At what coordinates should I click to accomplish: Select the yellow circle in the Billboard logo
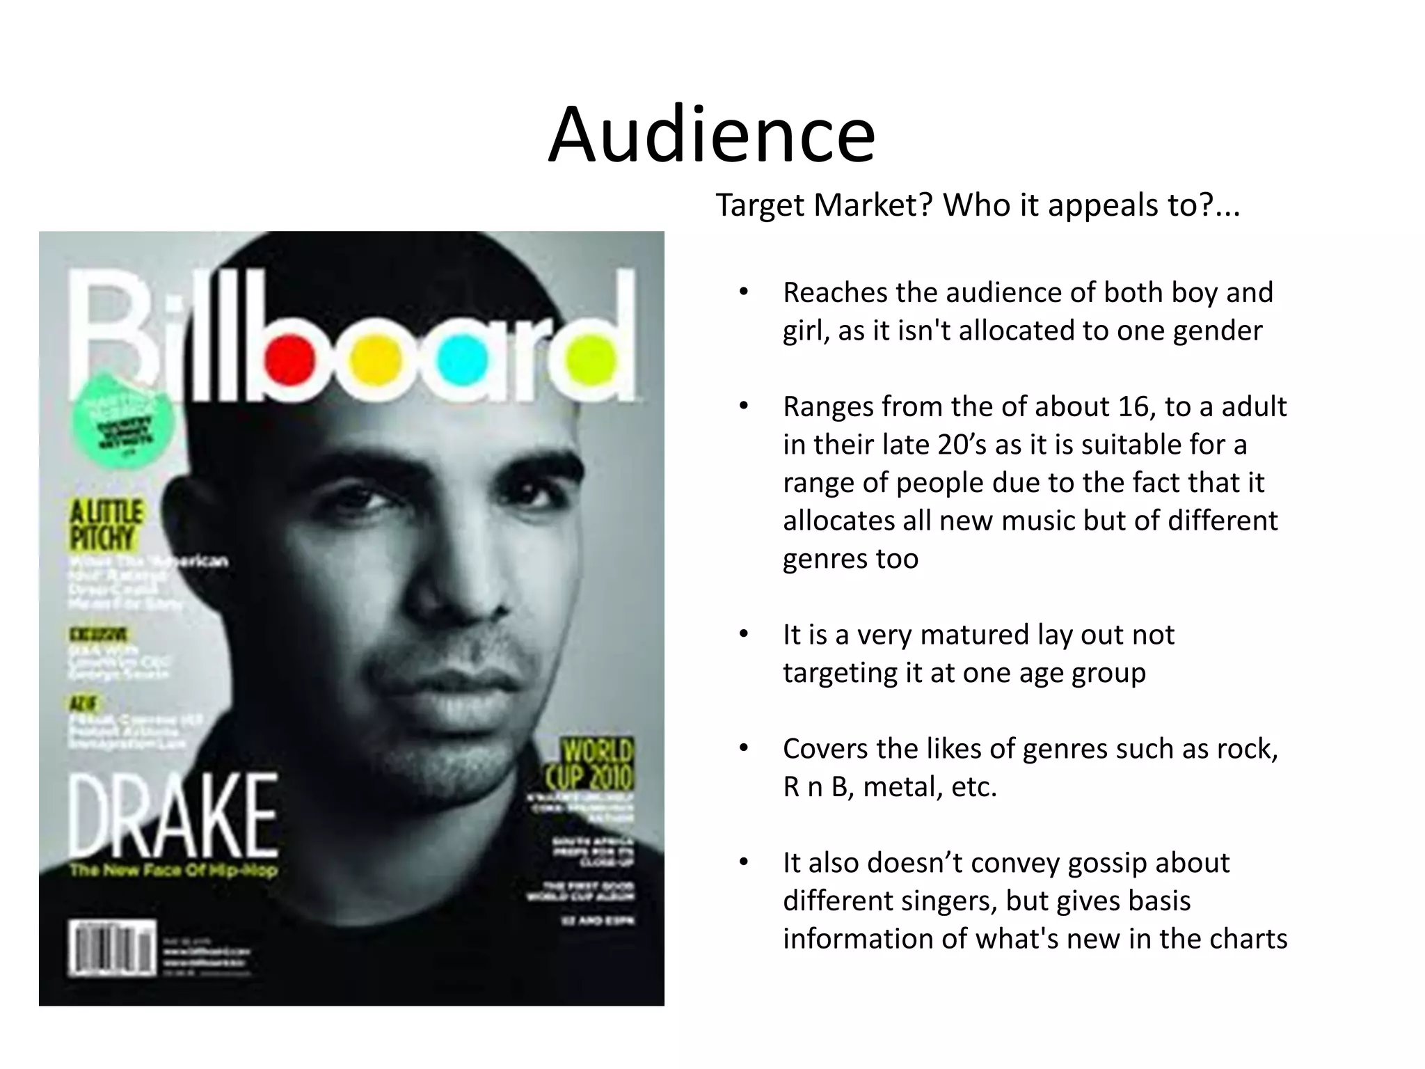point(376,360)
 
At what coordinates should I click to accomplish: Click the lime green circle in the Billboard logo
point(591,360)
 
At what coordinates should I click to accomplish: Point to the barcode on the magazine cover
point(111,948)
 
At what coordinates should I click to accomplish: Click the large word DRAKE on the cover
point(173,818)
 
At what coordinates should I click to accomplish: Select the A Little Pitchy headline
point(106,525)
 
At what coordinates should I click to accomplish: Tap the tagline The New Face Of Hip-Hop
point(173,870)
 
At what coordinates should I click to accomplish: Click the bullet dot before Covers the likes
point(743,749)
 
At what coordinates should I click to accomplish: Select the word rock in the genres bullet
point(1246,749)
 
